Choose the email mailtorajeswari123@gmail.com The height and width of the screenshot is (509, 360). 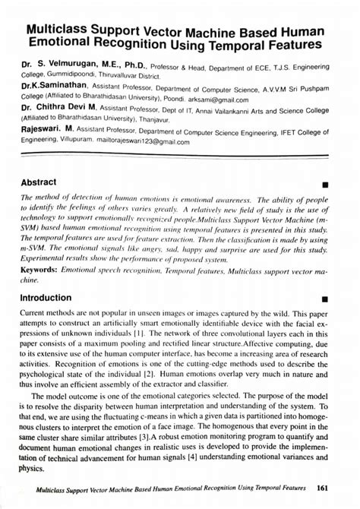152,141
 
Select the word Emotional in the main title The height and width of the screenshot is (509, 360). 63,49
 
